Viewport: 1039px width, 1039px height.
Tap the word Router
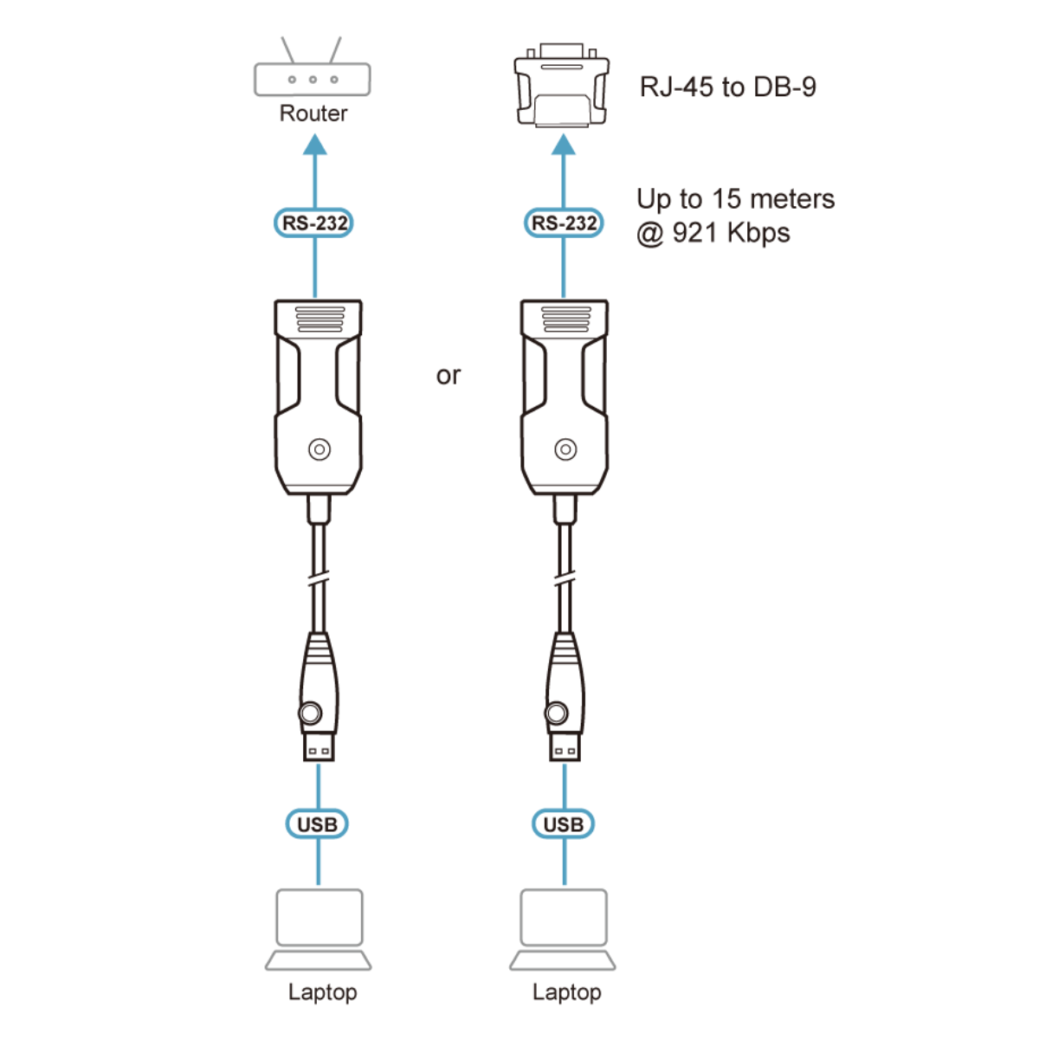(313, 113)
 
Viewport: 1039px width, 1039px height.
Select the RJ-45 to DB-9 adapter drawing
(561, 85)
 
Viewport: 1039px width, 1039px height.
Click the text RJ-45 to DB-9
(727, 87)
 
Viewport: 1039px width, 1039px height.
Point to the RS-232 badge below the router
(313, 223)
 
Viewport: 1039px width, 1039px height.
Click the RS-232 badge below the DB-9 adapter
(564, 223)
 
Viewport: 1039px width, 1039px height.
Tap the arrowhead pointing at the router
(315, 145)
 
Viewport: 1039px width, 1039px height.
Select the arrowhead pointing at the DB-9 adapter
(564, 145)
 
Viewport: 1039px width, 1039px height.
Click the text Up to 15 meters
(735, 199)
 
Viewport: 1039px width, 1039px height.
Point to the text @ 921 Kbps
(713, 234)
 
